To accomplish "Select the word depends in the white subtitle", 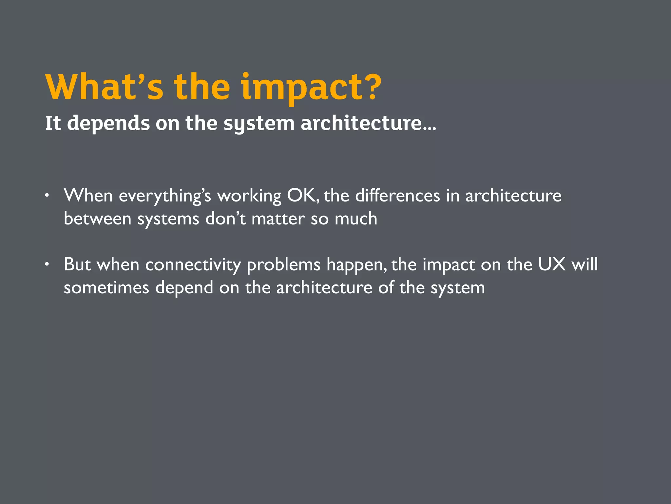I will (108, 123).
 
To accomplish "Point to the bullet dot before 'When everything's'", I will (48, 196).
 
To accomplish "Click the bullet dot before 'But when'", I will (48, 264).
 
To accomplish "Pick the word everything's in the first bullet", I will (165, 196).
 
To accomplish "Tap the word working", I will (249, 196).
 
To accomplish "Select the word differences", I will (397, 196).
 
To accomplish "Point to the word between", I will (97, 219).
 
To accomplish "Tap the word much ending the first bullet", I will (356, 219).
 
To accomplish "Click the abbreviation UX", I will (552, 264).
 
